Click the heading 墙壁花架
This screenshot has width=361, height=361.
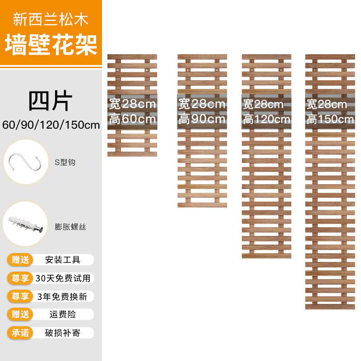[51, 45]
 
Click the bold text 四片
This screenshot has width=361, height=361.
[51, 102]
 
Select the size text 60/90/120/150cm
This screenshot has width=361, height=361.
[51, 125]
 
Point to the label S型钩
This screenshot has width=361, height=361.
[65, 162]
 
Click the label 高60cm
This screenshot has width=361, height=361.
[132, 120]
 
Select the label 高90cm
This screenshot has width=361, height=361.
[202, 120]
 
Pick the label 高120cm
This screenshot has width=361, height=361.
[266, 120]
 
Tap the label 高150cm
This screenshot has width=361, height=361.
[330, 120]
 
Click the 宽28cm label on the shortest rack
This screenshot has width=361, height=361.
[132, 104]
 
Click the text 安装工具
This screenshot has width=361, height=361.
[63, 259]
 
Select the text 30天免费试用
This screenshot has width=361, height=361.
[63, 278]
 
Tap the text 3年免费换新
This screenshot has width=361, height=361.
[63, 296]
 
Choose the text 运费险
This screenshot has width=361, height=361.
[63, 315]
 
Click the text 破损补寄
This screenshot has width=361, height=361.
[63, 333]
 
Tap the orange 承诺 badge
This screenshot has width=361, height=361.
[20, 333]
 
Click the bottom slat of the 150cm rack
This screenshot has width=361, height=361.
[329, 306]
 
